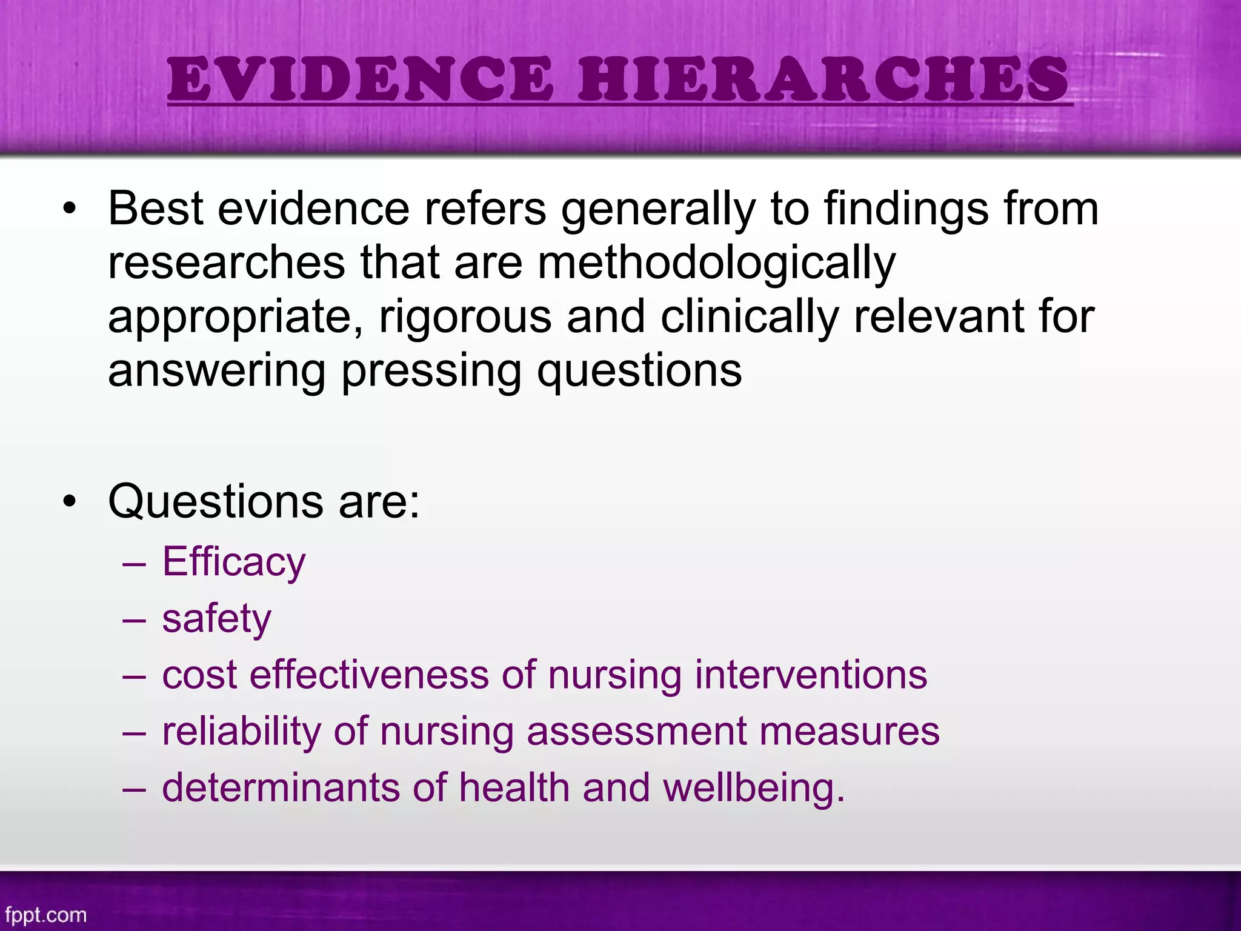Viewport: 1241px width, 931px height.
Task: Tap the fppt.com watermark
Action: point(45,915)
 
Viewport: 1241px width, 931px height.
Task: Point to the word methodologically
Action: point(716,264)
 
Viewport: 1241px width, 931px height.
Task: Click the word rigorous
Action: point(465,317)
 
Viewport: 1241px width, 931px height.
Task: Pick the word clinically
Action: point(750,317)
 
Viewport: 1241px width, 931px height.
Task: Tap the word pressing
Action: point(431,371)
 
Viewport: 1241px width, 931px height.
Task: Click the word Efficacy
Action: point(234,562)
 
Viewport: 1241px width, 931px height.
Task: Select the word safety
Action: point(216,619)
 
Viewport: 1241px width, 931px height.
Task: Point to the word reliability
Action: point(241,731)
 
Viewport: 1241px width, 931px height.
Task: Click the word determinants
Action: point(281,787)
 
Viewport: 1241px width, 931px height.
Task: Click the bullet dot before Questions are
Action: point(70,502)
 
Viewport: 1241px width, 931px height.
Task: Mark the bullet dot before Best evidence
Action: point(70,209)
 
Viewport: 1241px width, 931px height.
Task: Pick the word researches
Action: point(227,264)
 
